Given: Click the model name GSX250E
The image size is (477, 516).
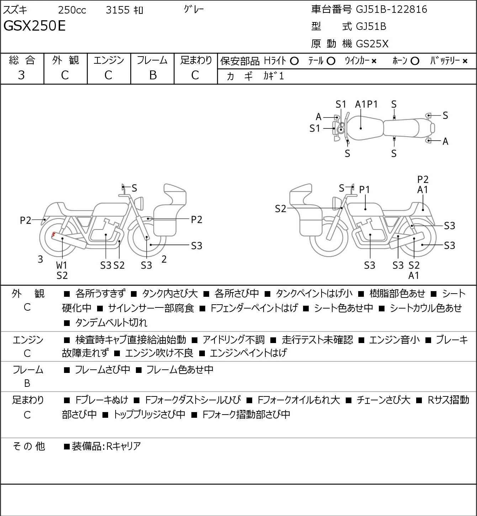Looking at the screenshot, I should pos(35,26).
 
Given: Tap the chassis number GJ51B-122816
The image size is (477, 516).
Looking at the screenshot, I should pos(391,9).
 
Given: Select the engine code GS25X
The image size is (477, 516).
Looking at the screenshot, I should pos(372,44).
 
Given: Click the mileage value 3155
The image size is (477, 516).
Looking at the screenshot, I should pos(117,10).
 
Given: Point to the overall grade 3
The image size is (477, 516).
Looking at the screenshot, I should pos(21,75).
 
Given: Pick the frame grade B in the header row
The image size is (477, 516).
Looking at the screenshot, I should pos(153,75).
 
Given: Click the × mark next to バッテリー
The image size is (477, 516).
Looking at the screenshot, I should pos(465,61).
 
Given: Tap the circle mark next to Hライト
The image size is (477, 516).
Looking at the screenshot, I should pos(294,61).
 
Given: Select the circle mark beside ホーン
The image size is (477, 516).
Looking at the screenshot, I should pos(415,61).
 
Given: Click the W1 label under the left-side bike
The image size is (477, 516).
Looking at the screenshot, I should pos(62,265).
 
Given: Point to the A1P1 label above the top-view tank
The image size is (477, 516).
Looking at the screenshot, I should pos(366,104).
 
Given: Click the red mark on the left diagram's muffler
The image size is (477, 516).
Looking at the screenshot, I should pos(53,234).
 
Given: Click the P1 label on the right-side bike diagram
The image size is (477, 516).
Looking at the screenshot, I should pos(365,190).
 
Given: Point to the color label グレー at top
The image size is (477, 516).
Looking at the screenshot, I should pos(194,10).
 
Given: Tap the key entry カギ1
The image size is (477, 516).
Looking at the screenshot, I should pos(274,76).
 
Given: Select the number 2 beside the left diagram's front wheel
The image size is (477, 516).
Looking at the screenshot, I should pos(164,259).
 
